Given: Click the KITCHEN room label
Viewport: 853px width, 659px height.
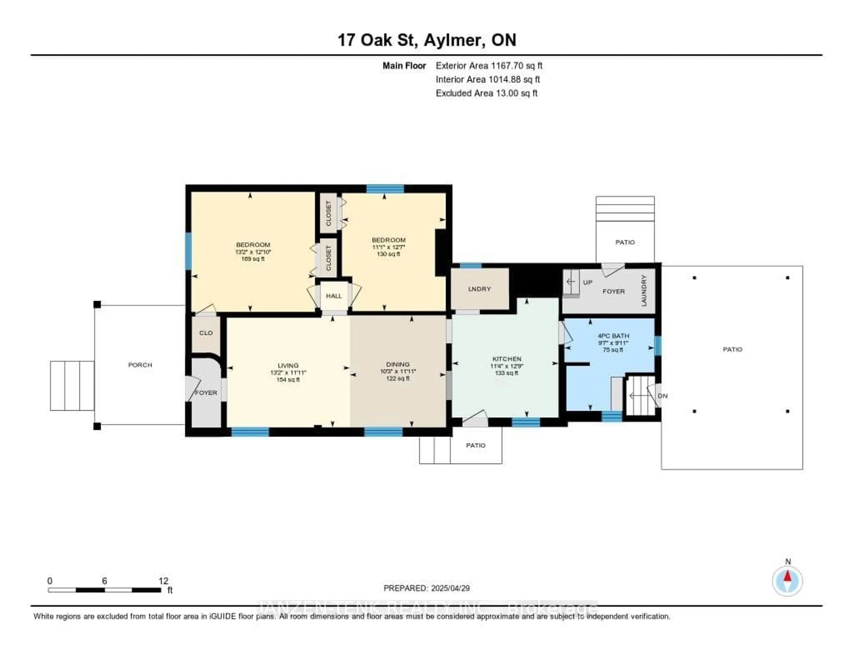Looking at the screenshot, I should (506, 359).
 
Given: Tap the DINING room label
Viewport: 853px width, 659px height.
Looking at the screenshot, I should (398, 364).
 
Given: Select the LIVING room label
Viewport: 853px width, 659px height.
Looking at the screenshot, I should (288, 366).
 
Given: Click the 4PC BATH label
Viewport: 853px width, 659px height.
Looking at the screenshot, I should (613, 335).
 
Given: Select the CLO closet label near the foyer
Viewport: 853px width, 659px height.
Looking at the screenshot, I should (206, 333).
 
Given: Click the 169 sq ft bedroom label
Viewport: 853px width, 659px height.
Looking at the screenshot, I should (253, 245).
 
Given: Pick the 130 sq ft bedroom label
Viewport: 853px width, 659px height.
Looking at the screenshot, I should (389, 240).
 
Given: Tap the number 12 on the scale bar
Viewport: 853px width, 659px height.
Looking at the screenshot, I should (163, 581).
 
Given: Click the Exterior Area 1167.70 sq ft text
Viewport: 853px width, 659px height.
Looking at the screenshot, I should (489, 66).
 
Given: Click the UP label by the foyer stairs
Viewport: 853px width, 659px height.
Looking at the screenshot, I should (587, 282).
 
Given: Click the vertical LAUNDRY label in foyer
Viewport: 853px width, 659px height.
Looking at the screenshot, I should (644, 290).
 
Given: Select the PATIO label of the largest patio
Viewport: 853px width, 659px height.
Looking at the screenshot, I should (732, 349).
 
